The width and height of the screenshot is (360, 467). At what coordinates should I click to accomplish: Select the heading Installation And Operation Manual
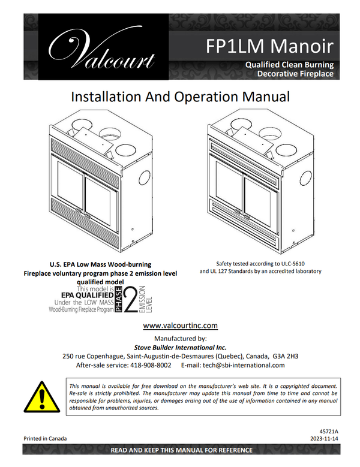[180, 97]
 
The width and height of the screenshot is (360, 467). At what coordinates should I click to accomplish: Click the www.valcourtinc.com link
[181, 326]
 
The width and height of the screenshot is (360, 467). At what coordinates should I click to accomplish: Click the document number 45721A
[329, 431]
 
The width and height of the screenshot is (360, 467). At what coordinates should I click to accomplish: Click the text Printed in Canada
[45, 438]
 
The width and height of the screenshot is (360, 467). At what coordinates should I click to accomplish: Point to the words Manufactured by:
[180, 339]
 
